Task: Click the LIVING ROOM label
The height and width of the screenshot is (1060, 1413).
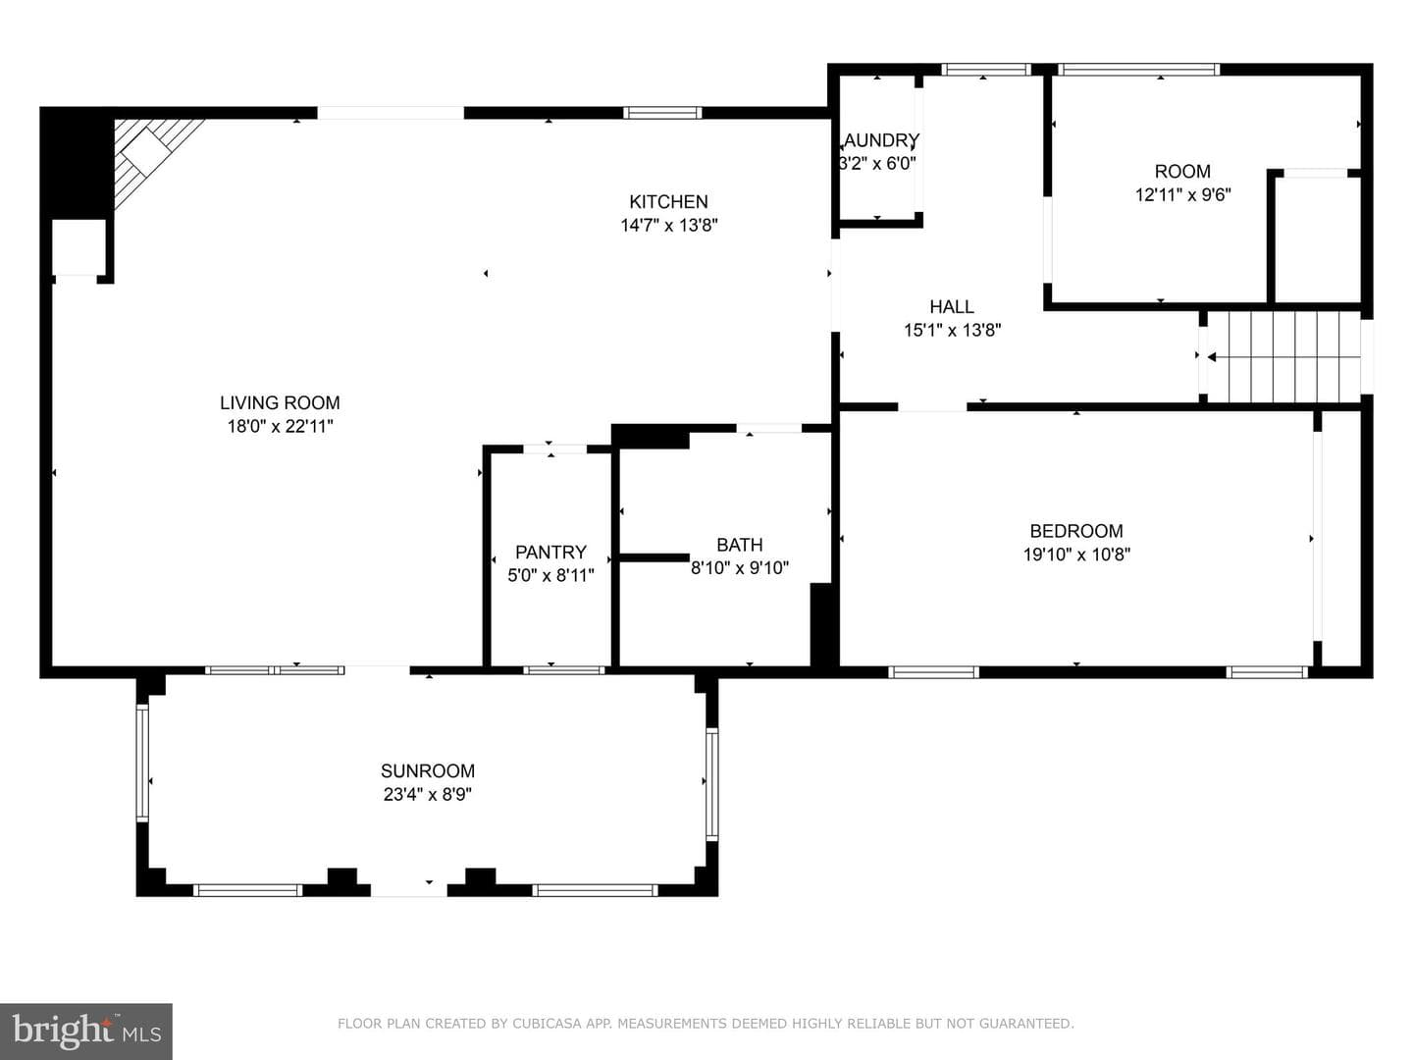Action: click(280, 402)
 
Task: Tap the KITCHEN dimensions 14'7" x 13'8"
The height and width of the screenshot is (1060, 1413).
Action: click(669, 226)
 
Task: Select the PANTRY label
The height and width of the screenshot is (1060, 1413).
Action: click(550, 553)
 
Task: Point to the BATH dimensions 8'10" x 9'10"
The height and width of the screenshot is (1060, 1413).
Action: click(740, 568)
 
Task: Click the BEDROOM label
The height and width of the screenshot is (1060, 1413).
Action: click(1076, 531)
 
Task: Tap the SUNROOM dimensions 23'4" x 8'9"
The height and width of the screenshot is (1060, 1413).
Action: click(428, 794)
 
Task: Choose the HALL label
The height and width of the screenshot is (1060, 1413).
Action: click(952, 306)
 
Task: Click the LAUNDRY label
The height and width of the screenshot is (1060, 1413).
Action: click(880, 140)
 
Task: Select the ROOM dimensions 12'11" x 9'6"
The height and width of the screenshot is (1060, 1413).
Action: click(1182, 194)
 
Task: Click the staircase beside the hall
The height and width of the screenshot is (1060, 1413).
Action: click(1282, 357)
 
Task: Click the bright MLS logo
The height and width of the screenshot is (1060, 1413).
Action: click(85, 1031)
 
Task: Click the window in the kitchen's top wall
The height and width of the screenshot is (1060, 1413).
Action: click(662, 113)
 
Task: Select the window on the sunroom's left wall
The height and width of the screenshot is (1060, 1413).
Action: click(142, 763)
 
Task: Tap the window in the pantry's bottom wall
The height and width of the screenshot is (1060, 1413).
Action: click(564, 670)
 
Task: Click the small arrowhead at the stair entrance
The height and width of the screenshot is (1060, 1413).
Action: click(1212, 357)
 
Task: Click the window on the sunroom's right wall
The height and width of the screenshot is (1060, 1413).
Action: click(712, 784)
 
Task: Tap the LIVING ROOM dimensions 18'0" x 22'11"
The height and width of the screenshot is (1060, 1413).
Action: click(280, 426)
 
